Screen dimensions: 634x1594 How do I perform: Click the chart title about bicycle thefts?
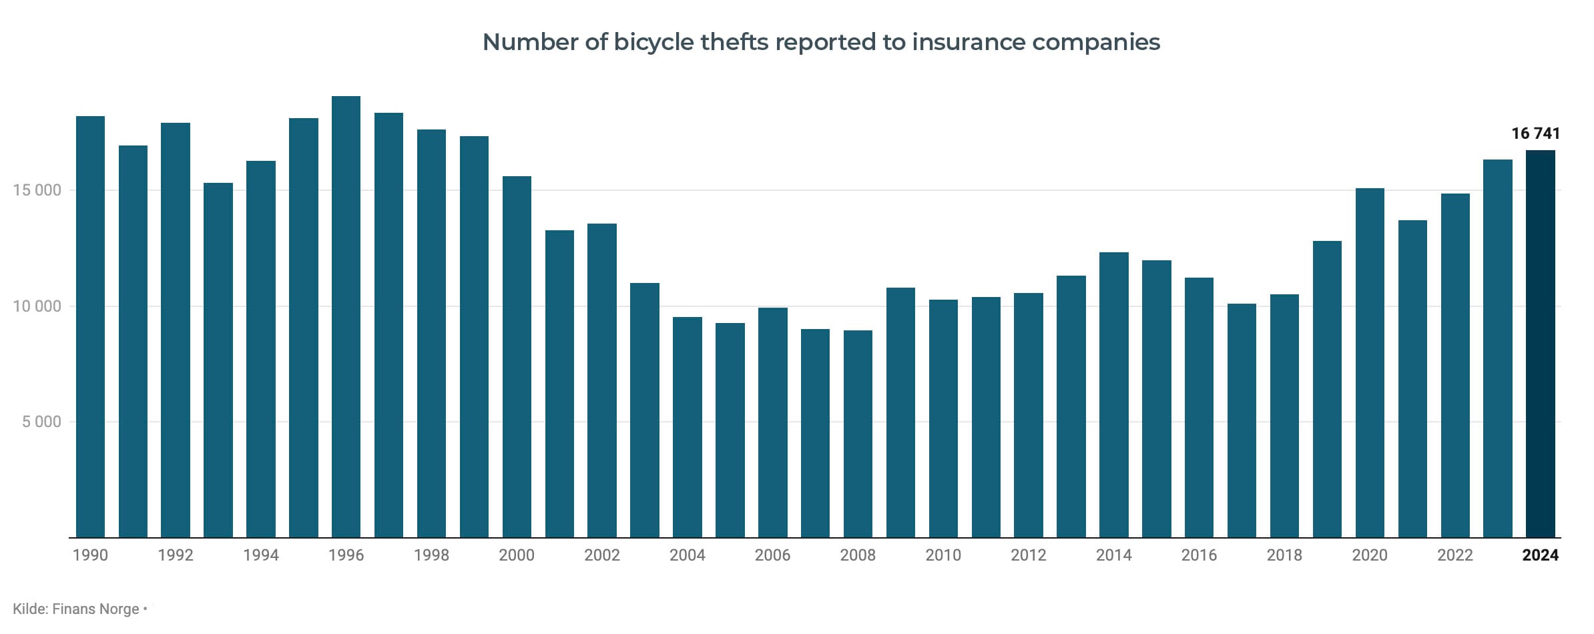(x=821, y=42)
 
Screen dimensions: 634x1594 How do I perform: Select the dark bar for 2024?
(x=1540, y=344)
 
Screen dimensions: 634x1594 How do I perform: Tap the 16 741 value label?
(x=1535, y=133)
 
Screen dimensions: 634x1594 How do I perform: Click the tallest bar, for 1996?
(x=346, y=317)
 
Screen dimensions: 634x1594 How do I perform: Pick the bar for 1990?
(x=90, y=327)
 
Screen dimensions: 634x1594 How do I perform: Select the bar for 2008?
(x=858, y=434)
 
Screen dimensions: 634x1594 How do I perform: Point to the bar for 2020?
(x=1370, y=363)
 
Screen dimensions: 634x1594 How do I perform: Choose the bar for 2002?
(x=602, y=380)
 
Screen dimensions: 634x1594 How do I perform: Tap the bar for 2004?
(x=688, y=427)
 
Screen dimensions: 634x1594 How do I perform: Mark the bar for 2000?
(x=517, y=357)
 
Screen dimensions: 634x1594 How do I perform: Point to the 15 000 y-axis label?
(x=37, y=190)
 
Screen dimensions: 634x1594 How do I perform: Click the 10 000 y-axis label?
(x=37, y=306)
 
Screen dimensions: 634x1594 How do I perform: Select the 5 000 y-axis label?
(x=41, y=422)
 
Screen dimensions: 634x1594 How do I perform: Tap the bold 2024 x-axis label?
(x=1540, y=555)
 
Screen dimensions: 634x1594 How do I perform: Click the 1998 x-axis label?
(x=431, y=555)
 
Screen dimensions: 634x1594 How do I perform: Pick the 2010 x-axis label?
(x=943, y=555)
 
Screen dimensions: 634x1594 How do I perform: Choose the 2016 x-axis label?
(x=1199, y=555)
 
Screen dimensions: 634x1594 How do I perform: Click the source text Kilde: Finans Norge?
(x=76, y=609)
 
